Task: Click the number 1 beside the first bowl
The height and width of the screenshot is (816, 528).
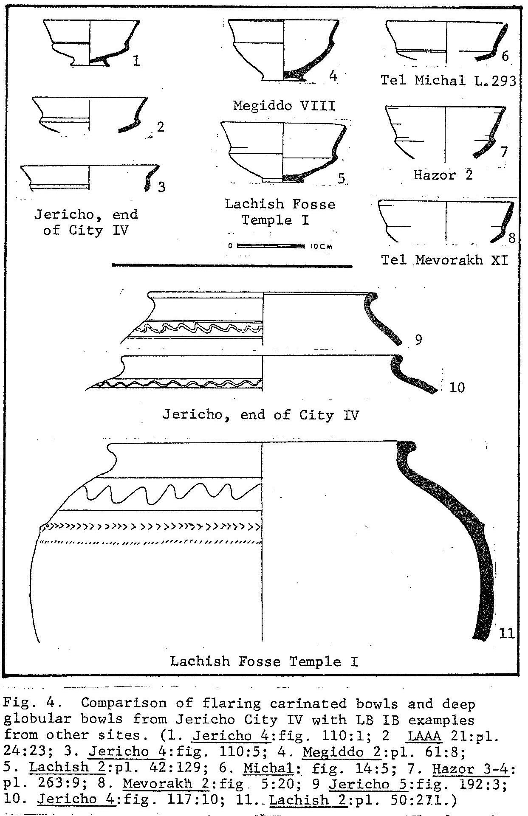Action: point(136,61)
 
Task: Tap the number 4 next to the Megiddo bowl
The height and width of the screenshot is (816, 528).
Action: point(333,76)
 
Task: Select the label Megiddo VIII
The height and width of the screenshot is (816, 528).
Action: point(284,105)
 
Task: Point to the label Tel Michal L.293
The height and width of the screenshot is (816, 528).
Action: point(448,80)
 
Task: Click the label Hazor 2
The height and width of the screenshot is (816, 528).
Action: point(443,174)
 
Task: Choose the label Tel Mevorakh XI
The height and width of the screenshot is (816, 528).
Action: point(444,259)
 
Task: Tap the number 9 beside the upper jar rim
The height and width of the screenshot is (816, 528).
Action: point(418,340)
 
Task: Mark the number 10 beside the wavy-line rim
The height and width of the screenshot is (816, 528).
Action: point(457,387)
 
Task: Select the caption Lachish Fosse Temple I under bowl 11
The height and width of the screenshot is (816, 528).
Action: point(264,661)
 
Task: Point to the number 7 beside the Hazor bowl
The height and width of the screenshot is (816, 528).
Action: point(504,152)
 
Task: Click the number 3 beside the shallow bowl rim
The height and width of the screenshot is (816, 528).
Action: point(161,187)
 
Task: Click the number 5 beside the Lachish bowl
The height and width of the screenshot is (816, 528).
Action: point(342,178)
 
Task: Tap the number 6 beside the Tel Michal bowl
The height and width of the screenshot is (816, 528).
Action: point(505,56)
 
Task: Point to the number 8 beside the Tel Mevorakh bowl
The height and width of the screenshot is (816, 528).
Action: point(511,238)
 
